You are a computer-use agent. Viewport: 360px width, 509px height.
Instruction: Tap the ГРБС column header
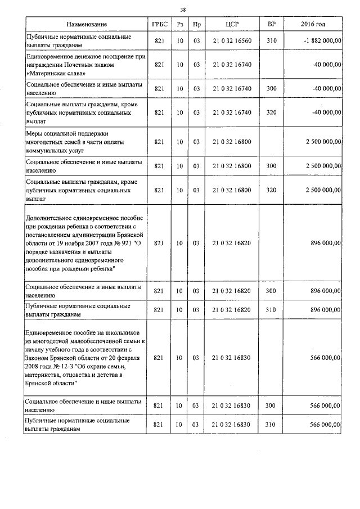(x=159, y=25)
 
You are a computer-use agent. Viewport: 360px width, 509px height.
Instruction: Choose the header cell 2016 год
(x=313, y=25)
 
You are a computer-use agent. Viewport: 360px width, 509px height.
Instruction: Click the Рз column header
(x=179, y=25)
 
